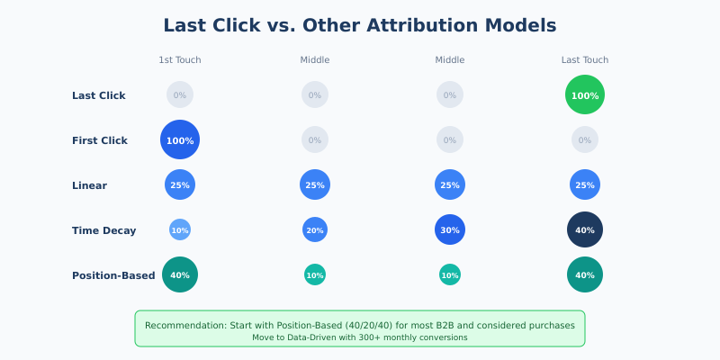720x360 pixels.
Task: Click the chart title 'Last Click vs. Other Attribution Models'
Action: point(360,25)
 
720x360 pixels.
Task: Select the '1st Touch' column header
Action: point(180,60)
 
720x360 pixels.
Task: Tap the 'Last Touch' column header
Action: point(585,60)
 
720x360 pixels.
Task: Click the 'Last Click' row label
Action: point(99,95)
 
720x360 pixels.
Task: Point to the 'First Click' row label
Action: point(100,140)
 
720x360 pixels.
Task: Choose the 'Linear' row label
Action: point(89,185)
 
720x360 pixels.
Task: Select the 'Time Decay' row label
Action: point(104,230)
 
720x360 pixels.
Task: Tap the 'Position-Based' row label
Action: point(113,275)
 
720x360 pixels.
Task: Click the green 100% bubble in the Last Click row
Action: point(585,94)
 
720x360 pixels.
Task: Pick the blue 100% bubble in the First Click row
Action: point(180,139)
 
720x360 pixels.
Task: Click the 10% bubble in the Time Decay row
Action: point(180,229)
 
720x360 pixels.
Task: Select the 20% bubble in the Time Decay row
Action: point(315,229)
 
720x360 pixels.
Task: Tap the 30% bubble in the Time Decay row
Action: point(450,229)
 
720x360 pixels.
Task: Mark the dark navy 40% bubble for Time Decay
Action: point(585,229)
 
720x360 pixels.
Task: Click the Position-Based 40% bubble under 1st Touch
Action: point(180,274)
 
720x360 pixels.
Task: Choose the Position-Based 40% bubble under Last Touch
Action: point(585,274)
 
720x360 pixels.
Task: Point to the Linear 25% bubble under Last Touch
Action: point(585,184)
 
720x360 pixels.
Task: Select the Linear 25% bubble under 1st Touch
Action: point(180,184)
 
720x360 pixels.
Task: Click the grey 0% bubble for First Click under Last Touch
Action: point(585,139)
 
